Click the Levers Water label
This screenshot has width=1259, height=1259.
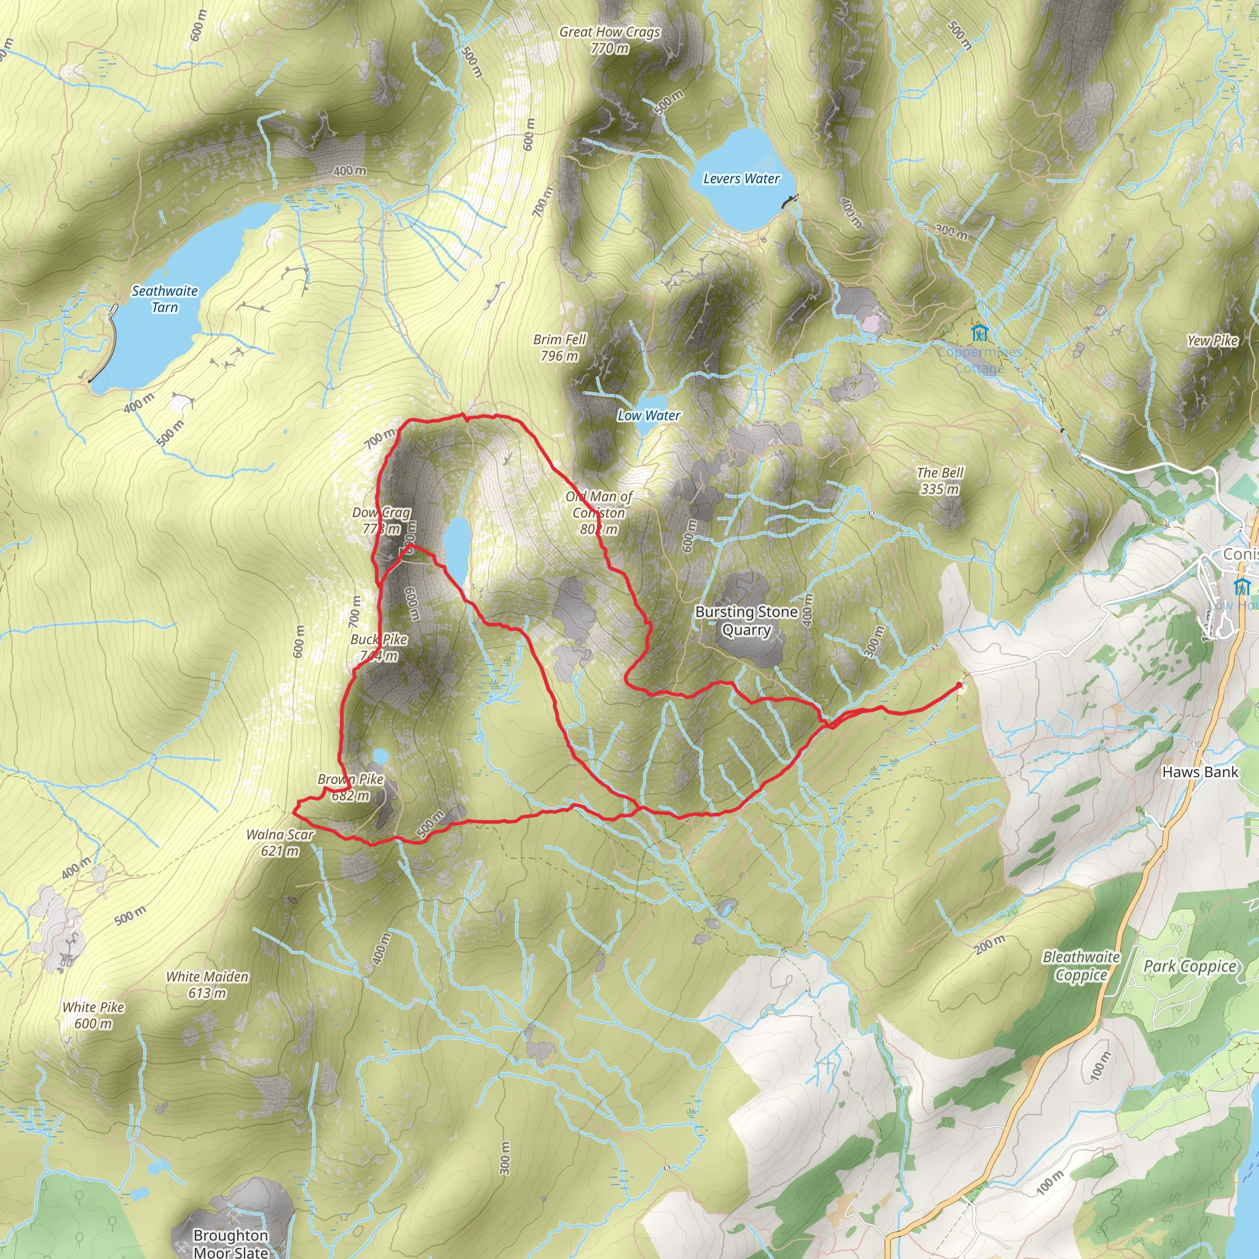pos(741,178)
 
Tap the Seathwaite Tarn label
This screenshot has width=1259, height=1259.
pos(164,299)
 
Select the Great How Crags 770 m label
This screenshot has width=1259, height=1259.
pos(610,40)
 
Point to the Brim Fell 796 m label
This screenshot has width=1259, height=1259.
pos(560,347)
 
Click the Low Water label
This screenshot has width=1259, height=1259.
pos(649,415)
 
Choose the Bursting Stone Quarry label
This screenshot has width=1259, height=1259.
pos(746,620)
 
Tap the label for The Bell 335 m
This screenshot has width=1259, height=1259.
pos(940,480)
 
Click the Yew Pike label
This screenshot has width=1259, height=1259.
pos(1212,340)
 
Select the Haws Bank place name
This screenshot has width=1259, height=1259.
pos(1200,772)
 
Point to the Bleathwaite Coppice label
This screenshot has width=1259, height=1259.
pos(1081,966)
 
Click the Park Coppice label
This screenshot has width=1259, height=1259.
pos(1190,966)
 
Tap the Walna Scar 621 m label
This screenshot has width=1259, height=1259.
pos(280,843)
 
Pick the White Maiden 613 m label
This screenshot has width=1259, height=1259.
pos(207,985)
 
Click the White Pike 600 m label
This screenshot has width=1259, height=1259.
pos(93,1014)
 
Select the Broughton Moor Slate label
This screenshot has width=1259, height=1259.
pos(231,1244)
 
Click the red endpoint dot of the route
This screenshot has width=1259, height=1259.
pos(959,685)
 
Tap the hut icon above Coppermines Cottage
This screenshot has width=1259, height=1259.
pos(979,333)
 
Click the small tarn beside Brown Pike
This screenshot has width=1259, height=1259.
pos(380,756)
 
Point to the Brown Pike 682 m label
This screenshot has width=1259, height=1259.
pos(350,787)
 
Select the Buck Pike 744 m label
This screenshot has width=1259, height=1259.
pos(379,648)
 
